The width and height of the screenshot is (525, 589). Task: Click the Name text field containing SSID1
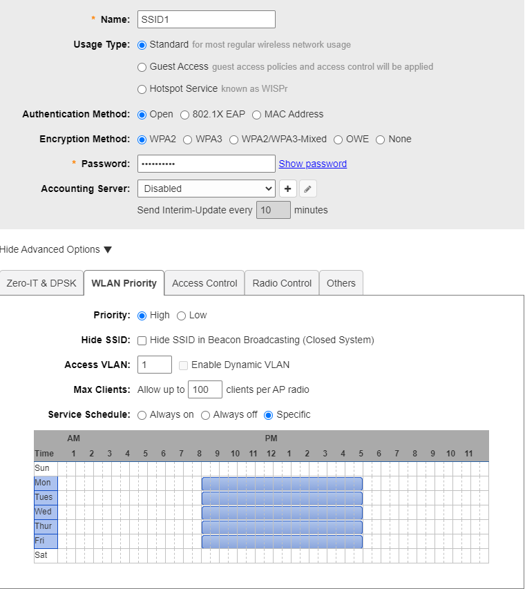coord(206,19)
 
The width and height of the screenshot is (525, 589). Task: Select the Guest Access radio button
coord(142,67)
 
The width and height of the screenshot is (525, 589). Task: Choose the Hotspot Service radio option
coord(142,89)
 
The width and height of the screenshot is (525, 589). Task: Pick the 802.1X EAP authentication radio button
coord(184,115)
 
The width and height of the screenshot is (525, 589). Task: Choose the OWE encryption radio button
coord(338,139)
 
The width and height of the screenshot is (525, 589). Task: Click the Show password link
coord(312,164)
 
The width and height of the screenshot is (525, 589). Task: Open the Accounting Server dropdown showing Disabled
coord(206,189)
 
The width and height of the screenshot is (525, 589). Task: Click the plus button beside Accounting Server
coord(287,189)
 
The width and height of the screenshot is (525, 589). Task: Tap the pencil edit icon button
coord(308,189)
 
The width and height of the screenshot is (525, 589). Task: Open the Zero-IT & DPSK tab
coord(41,283)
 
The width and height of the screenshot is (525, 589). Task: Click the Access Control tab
coord(204,283)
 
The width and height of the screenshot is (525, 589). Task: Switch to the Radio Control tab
coord(282,283)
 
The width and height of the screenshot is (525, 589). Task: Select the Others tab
coord(341,283)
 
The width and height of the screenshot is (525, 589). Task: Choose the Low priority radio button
coord(181,316)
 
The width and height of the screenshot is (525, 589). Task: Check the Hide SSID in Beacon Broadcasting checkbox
coord(142,340)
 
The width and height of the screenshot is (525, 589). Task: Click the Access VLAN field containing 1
coord(155,365)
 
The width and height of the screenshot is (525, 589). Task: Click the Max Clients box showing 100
coord(205,389)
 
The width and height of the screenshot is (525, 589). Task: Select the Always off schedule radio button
coord(205,415)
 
